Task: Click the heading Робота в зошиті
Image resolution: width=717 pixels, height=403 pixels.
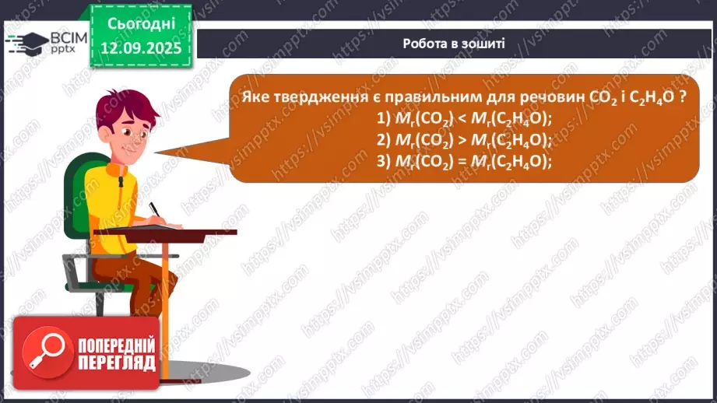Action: click(454, 44)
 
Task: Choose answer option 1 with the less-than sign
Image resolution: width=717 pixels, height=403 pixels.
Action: click(463, 118)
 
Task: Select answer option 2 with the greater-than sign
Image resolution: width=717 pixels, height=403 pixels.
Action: click(463, 140)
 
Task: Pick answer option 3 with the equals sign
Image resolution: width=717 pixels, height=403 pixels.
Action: click(463, 162)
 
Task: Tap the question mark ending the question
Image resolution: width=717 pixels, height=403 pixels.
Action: click(682, 97)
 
